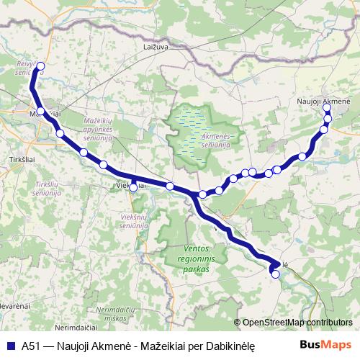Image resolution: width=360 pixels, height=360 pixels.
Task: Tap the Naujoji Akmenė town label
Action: pyautogui.click(x=323, y=101)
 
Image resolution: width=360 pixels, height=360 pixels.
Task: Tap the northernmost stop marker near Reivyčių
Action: pyautogui.click(x=40, y=66)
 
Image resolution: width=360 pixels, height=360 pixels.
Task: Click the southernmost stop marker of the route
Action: pyautogui.click(x=274, y=274)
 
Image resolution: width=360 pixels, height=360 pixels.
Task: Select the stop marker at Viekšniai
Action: pyautogui.click(x=133, y=188)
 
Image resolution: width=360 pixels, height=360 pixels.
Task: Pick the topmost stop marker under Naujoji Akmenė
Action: pyautogui.click(x=328, y=108)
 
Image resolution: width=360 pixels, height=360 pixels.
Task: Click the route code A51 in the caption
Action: pyautogui.click(x=30, y=346)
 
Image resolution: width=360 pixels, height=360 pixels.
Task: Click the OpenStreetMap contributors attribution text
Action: pyautogui.click(x=297, y=323)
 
